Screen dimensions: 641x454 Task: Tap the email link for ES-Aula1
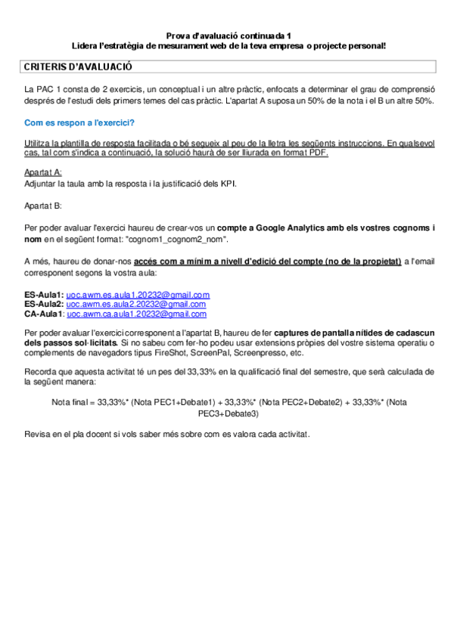[x=138, y=294]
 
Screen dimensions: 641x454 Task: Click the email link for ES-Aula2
[x=138, y=304]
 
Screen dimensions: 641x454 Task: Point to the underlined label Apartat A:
[x=43, y=172]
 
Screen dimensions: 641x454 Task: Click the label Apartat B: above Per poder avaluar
[x=43, y=205]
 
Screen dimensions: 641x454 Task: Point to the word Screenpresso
[x=311, y=352]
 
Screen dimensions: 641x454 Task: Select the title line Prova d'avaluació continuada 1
[x=228, y=36]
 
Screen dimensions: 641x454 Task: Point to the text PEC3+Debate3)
[x=228, y=413]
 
